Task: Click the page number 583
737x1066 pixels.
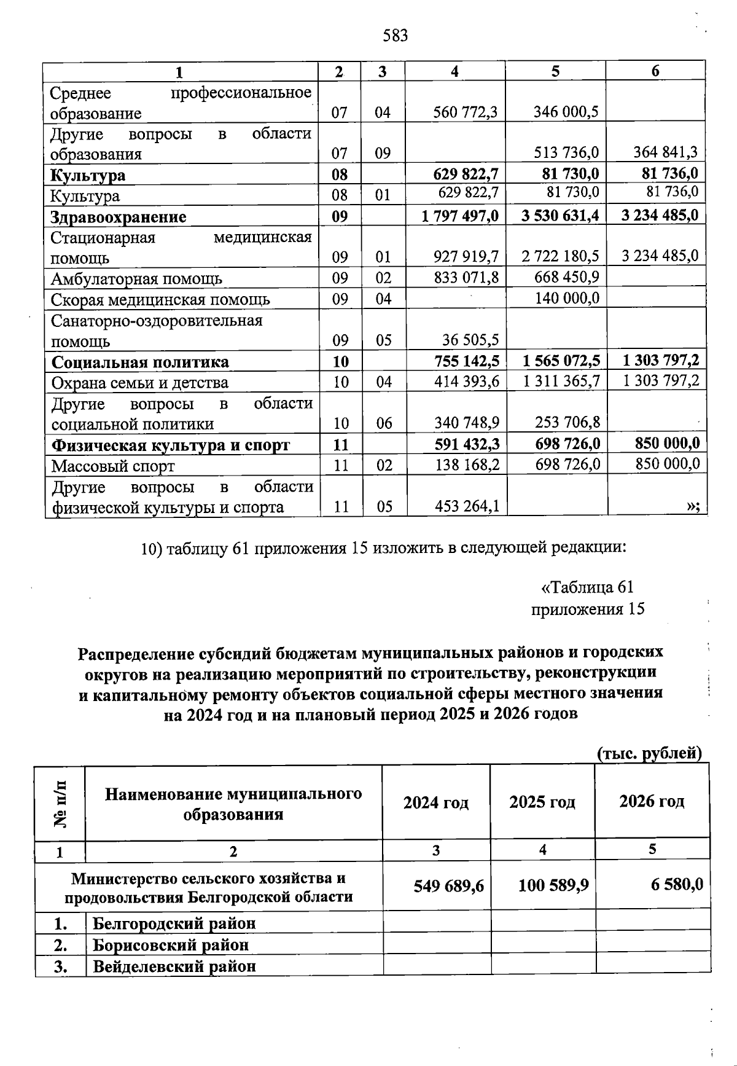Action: pos(395,36)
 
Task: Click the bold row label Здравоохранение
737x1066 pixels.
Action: pos(119,217)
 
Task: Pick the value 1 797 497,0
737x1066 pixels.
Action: pos(460,216)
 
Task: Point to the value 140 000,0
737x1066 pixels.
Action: pos(568,298)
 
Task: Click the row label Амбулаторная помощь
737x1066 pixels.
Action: pos(136,280)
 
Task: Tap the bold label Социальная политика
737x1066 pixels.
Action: pos(140,362)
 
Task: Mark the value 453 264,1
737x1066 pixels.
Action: pos(467,506)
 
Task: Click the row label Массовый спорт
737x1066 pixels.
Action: pos(113,466)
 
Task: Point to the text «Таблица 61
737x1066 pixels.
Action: pos(587,587)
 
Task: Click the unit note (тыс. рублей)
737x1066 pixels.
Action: pos(650,753)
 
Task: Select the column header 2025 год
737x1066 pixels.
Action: pos(542,802)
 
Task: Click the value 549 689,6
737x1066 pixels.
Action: pos(448,885)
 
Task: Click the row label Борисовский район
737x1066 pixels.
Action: pos(171,944)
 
